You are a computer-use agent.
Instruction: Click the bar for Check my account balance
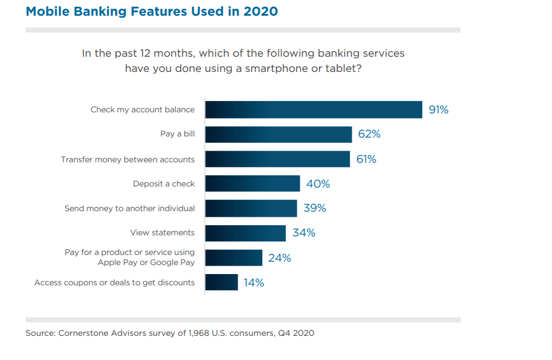313,110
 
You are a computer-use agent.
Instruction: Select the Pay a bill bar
279,134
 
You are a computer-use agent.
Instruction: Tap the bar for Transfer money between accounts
277,159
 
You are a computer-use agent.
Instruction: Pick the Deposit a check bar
253,184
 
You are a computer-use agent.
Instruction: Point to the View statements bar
245,233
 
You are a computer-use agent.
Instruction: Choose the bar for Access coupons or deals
221,282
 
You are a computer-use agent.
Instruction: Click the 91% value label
439,110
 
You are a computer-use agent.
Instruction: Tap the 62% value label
369,135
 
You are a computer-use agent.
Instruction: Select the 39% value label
315,208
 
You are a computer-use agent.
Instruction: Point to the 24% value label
279,258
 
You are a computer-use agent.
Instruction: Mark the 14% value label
254,283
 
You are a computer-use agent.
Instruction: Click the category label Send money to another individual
130,208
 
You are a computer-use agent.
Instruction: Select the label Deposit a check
164,184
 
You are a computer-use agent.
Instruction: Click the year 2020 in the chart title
261,11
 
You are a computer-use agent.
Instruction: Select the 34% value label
304,233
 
